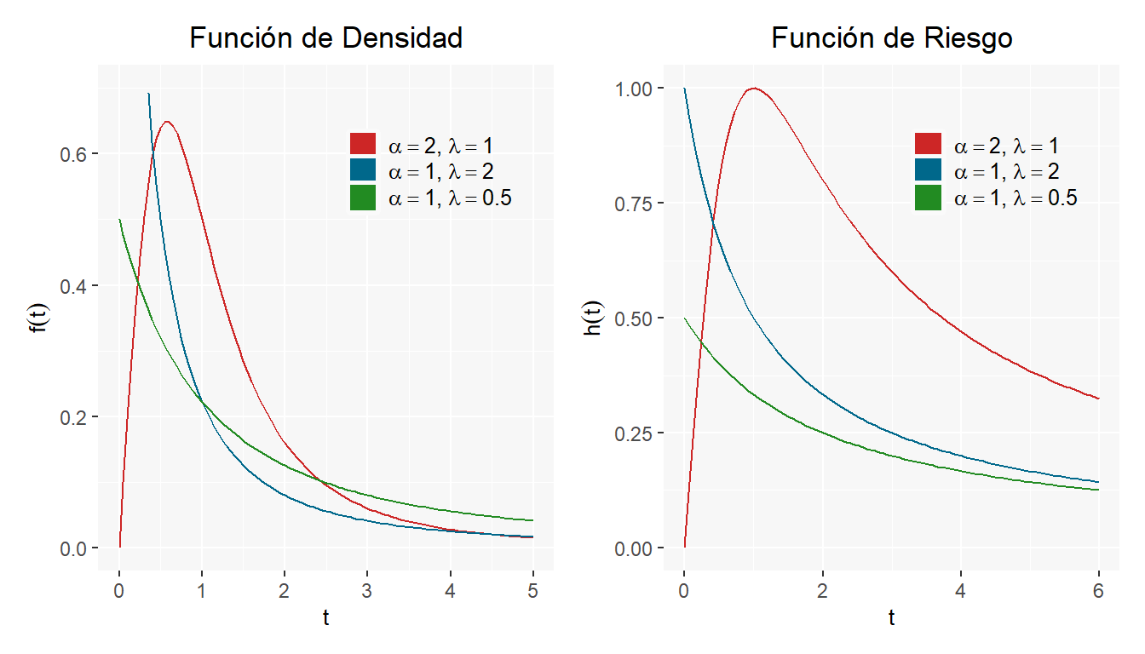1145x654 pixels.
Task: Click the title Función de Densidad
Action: click(x=325, y=38)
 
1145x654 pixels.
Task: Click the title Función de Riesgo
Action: click(x=891, y=38)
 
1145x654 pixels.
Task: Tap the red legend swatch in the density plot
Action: click(x=363, y=145)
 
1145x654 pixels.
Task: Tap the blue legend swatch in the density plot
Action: click(x=363, y=171)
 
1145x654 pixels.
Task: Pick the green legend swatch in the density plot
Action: click(x=363, y=198)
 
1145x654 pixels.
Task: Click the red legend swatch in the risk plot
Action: click(x=928, y=145)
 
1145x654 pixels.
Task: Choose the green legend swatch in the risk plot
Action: click(x=928, y=198)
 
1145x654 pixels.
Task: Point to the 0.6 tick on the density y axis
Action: click(x=75, y=153)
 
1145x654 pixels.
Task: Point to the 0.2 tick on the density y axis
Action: click(x=75, y=417)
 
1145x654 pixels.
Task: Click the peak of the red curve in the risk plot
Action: click(x=753, y=89)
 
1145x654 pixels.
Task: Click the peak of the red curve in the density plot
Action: click(x=167, y=122)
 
